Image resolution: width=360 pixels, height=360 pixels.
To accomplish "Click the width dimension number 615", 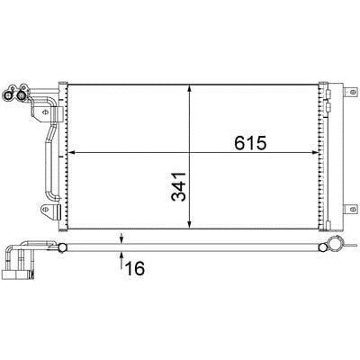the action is pos(250,143).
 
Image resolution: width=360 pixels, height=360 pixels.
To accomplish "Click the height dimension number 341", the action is pos(178,186).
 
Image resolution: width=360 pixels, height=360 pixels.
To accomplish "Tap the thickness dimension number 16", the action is pos(135,268).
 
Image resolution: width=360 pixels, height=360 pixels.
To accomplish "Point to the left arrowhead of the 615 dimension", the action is pos(72,153).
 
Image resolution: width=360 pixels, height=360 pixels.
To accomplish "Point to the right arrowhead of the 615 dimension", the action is pos(315,153).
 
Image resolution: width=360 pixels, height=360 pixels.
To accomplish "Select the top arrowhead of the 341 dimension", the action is pos(189,88).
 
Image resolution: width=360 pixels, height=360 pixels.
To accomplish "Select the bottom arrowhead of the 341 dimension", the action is pos(189,225).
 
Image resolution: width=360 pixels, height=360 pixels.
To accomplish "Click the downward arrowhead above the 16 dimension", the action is pos(121,240).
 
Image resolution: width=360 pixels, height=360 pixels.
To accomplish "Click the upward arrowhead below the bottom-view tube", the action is pos(121,255).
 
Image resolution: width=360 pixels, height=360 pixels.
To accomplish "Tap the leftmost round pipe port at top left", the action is pos(7,95).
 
